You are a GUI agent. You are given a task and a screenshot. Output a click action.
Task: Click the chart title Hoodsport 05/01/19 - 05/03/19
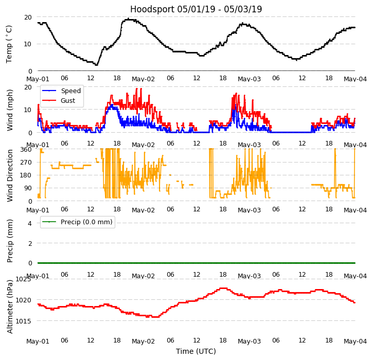(196, 9)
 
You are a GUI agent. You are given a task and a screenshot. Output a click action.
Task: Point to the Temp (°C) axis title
(9, 44)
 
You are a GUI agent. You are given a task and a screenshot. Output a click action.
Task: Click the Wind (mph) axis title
(10, 110)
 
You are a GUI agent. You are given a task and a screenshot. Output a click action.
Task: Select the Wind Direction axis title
(10, 175)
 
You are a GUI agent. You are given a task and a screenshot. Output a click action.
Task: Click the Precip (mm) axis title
(10, 240)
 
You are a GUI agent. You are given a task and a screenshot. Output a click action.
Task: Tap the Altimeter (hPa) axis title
(10, 306)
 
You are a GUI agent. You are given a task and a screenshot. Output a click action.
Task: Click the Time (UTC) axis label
(196, 351)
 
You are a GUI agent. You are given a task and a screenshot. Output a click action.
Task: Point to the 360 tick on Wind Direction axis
(26, 150)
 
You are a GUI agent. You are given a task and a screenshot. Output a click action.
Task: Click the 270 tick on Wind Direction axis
(26, 163)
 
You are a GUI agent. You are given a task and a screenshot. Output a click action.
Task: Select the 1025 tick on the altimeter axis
(23, 279)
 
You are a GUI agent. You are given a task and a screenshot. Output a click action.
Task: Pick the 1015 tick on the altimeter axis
(23, 321)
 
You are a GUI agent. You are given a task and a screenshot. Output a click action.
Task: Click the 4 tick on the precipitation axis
(30, 223)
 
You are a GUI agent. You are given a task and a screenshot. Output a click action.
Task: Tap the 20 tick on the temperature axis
(28, 17)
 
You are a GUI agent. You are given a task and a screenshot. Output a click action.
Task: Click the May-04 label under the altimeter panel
(355, 341)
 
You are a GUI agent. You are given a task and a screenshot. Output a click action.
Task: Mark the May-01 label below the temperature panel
(38, 79)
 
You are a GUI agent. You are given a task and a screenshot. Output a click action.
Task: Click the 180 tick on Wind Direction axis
(26, 175)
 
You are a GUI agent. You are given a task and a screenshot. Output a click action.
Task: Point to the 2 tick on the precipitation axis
(30, 243)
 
